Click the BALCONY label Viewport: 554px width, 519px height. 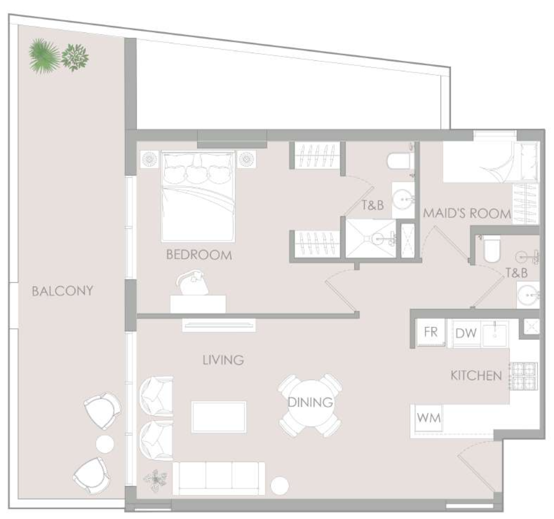(62, 291)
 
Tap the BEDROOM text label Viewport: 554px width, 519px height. (199, 255)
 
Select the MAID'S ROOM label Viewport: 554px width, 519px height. (467, 213)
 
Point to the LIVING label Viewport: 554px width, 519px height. (223, 360)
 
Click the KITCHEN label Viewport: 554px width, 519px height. (476, 376)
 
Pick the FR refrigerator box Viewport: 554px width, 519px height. (431, 332)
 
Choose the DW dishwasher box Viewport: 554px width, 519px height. (466, 333)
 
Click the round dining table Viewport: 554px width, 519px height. (310, 403)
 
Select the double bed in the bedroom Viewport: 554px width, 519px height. (198, 197)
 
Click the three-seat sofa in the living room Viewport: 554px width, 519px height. (218, 478)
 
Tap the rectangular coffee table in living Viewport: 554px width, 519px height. (219, 417)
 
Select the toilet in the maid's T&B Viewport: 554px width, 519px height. (492, 250)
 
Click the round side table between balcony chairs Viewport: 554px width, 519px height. (105, 444)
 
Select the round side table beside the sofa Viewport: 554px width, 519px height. (280, 486)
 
